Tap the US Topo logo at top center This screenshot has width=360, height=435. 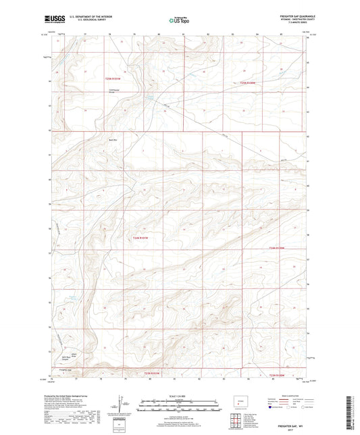[x=180, y=21]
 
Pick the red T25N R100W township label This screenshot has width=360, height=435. [x=248, y=83]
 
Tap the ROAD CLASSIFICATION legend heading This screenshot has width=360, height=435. [x=288, y=396]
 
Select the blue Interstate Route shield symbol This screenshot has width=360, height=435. [x=272, y=407]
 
